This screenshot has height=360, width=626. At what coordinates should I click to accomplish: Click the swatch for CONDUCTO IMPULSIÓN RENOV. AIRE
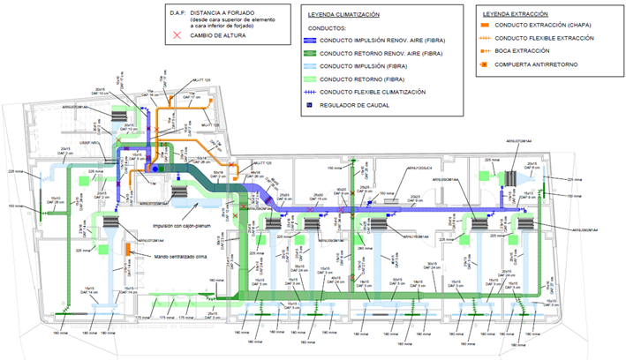pyautogui.click(x=322, y=41)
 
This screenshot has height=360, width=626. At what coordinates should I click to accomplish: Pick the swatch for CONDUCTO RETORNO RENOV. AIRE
pyautogui.click(x=322, y=54)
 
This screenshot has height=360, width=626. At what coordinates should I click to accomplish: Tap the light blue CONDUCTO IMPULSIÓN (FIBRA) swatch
pyautogui.click(x=322, y=66)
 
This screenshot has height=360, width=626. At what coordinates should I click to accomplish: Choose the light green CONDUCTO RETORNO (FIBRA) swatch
pyautogui.click(x=322, y=79)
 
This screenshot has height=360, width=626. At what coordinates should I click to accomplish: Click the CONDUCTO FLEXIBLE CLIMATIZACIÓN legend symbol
pyautogui.click(x=322, y=91)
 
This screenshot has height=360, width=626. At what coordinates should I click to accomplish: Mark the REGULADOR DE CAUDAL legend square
pyautogui.click(x=322, y=105)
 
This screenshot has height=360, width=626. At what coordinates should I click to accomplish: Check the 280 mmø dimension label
pyautogui.click(x=361, y=250)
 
